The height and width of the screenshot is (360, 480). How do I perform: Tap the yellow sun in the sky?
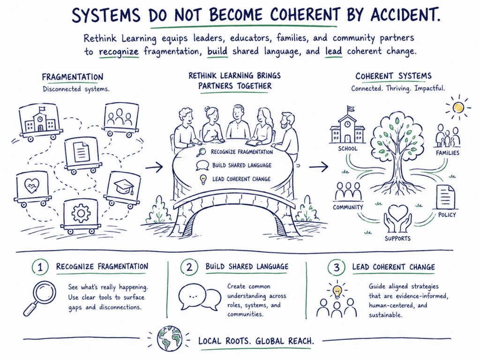[458, 108]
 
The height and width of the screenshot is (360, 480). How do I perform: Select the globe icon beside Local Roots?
[169, 338]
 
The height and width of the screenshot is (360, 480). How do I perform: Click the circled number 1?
[40, 267]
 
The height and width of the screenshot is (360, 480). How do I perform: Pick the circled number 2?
[189, 267]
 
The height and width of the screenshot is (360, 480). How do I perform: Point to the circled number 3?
[336, 268]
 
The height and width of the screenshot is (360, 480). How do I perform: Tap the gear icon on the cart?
[81, 213]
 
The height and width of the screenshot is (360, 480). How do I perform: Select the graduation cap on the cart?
[124, 186]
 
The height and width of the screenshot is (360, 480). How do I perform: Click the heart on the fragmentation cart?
[32, 186]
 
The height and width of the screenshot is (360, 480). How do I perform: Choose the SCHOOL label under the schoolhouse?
[348, 149]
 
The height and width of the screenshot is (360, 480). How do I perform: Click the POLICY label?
[447, 215]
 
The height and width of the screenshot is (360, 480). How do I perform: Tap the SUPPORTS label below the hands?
[397, 238]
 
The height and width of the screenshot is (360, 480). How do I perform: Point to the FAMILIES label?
[448, 153]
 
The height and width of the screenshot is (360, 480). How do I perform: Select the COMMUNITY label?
[348, 207]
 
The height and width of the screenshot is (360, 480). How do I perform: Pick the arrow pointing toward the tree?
[319, 167]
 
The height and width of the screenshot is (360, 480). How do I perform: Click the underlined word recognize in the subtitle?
[119, 52]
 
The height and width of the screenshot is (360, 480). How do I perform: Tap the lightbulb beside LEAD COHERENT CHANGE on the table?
[202, 180]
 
